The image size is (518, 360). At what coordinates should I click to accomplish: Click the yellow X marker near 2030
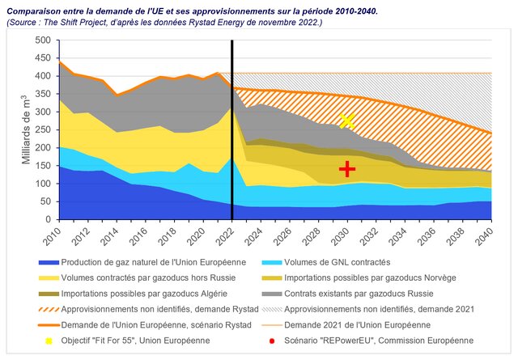pyautogui.click(x=347, y=121)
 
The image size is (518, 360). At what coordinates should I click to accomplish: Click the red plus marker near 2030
pyautogui.click(x=347, y=168)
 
